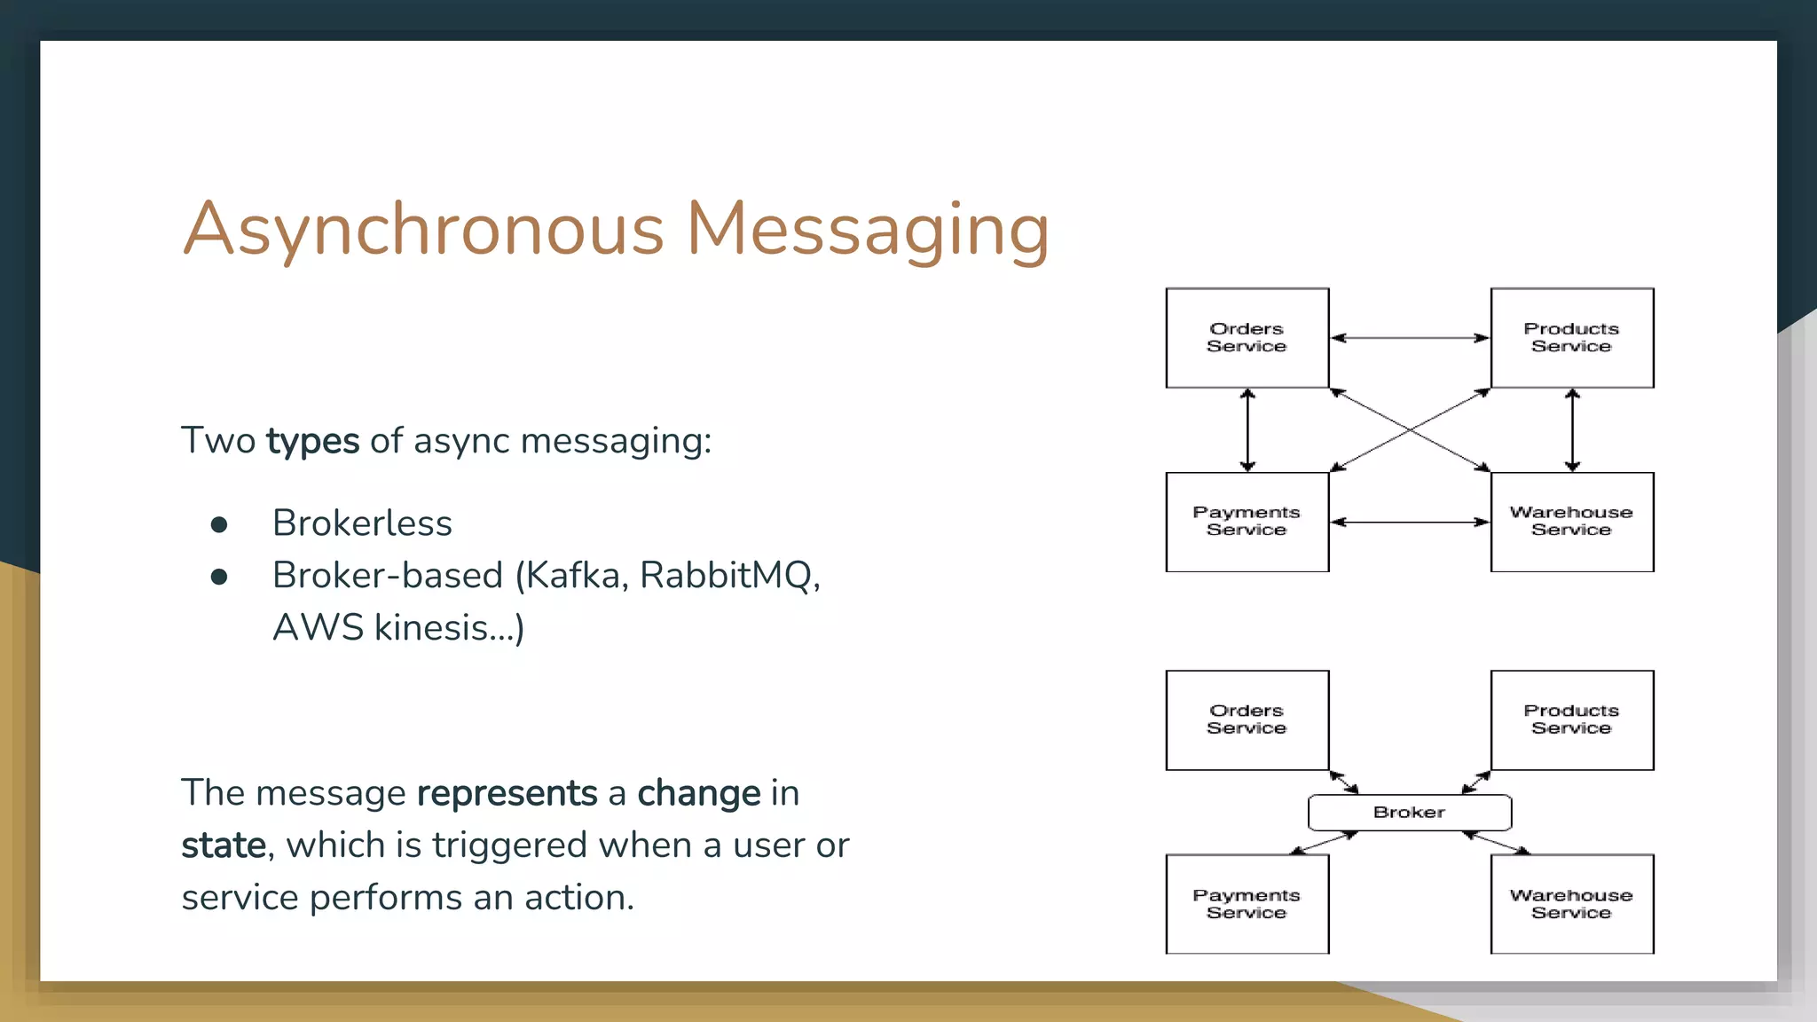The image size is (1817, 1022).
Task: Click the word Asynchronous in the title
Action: [x=423, y=229]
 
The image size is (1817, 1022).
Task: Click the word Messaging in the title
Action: [x=868, y=229]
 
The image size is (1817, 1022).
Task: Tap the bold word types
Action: [x=312, y=441]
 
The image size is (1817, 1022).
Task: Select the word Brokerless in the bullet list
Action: [x=362, y=523]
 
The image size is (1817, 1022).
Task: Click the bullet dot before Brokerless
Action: [x=219, y=525]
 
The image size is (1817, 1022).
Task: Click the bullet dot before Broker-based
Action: [x=219, y=578]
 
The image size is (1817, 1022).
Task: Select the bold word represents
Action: [x=507, y=793]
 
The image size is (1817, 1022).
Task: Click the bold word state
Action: [x=223, y=845]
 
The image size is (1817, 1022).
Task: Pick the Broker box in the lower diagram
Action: [x=1409, y=813]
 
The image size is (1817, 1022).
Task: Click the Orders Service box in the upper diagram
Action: [x=1247, y=338]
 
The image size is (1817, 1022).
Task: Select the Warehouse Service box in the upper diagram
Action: [x=1571, y=522]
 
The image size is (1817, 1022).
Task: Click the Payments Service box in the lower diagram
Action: [x=1247, y=904]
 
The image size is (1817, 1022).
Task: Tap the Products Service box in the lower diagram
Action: [x=1571, y=720]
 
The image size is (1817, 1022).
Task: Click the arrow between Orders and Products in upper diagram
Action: [x=1409, y=338]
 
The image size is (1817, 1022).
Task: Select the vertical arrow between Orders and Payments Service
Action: [x=1247, y=430]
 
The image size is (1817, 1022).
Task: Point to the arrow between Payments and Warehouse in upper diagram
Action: [x=1409, y=523]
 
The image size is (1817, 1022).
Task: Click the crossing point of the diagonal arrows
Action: [x=1410, y=430]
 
